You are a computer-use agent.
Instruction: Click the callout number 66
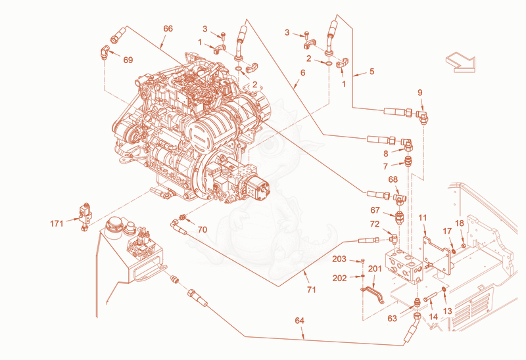coord(168,29)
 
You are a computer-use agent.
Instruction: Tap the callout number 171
coord(57,223)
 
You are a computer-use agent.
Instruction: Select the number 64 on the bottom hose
coord(299,321)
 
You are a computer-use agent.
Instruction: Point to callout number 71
coord(311,289)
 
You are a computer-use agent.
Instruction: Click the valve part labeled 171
coord(85,217)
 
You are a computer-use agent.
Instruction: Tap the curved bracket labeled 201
coord(372,294)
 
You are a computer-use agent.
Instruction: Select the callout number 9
coord(420,93)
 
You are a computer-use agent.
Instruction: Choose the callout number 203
coord(339,259)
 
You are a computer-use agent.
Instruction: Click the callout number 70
coord(203,230)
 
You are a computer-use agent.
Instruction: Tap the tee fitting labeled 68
coord(400,198)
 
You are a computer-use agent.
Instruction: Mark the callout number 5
coord(371,72)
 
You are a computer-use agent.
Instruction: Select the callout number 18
coord(459,223)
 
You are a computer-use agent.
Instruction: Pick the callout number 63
coord(392,318)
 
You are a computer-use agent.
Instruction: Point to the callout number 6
coord(303,73)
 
